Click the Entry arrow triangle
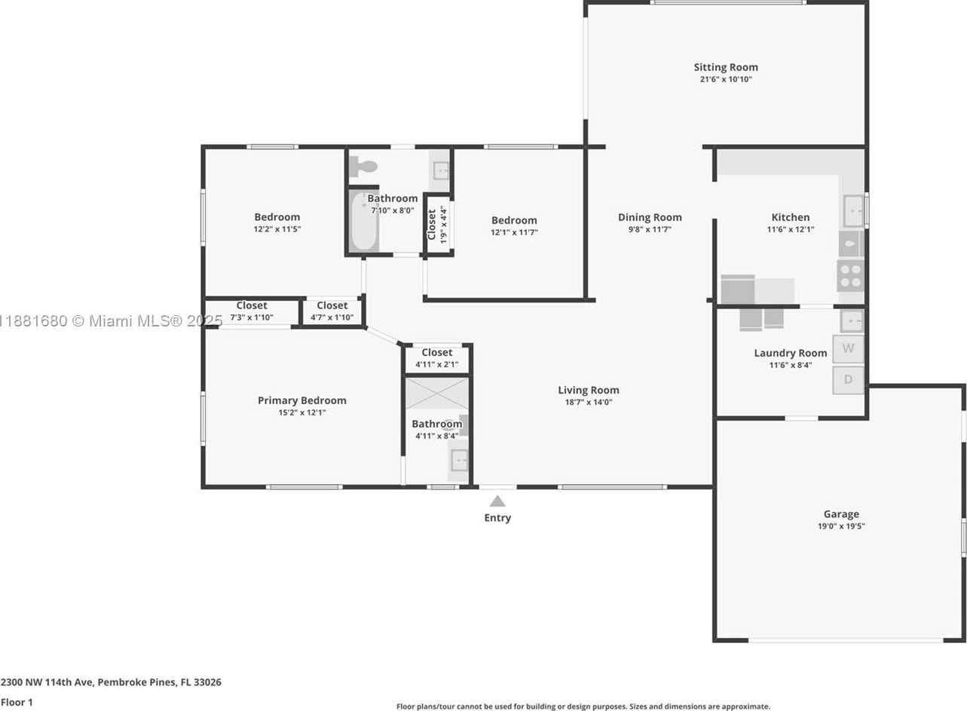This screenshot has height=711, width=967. tap(497, 501)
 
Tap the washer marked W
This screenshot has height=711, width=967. tap(848, 348)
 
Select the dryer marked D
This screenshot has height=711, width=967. tap(848, 380)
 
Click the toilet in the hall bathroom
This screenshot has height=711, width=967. tap(363, 167)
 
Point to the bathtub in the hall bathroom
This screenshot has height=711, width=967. tap(363, 221)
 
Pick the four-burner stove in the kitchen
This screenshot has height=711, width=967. tap(850, 276)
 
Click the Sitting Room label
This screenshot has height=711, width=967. tap(726, 67)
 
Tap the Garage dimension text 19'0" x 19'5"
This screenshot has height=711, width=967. tap(841, 526)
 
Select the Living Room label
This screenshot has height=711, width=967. tap(589, 390)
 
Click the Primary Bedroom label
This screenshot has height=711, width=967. tap(301, 400)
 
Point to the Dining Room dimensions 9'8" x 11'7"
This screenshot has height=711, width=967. tap(650, 229)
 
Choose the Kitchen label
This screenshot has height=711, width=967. tap(791, 217)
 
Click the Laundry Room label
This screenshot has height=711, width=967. tap(791, 353)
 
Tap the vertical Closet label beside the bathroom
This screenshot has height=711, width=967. tap(432, 225)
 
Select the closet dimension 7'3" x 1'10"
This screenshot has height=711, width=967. tap(251, 317)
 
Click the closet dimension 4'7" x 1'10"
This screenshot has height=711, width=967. tap(332, 317)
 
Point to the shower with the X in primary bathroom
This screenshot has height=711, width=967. tap(437, 394)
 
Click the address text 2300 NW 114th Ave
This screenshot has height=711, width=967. tap(47, 682)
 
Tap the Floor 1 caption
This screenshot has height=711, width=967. tap(17, 703)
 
